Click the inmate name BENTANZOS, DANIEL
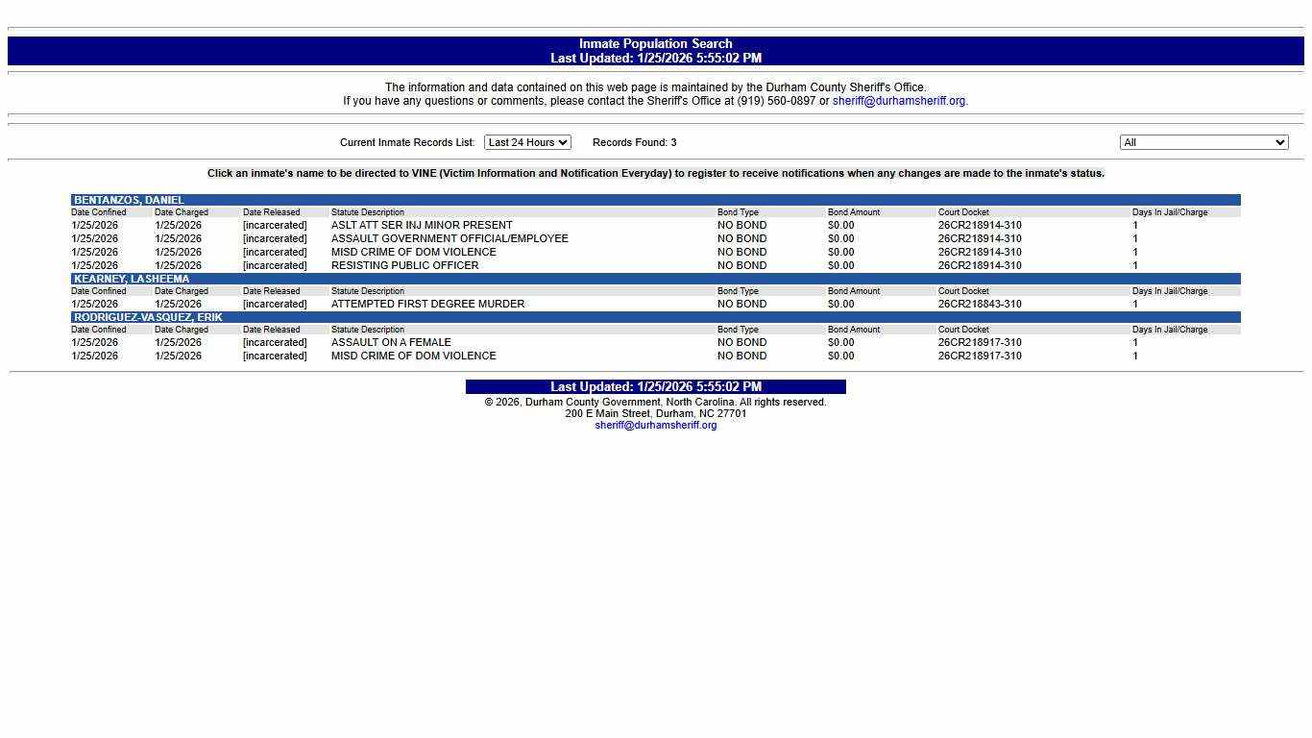click(129, 200)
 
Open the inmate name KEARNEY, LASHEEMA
click(132, 279)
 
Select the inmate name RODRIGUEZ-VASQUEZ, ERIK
click(148, 317)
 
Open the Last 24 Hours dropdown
click(527, 142)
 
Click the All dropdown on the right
click(1203, 142)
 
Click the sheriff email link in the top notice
click(899, 101)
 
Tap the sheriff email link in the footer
click(655, 425)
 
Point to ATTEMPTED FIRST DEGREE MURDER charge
click(427, 304)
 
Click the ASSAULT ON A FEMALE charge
click(391, 342)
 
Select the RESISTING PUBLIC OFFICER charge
click(404, 265)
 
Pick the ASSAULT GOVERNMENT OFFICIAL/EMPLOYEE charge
click(449, 238)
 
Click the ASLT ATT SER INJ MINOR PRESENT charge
click(422, 225)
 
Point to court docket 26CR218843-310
click(980, 304)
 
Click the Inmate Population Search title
click(655, 44)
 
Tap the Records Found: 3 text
click(634, 142)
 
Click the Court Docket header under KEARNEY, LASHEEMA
click(963, 291)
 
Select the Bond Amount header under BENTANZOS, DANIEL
click(854, 212)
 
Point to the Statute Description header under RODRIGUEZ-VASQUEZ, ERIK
click(368, 330)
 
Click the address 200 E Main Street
click(655, 413)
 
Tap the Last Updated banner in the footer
click(655, 386)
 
